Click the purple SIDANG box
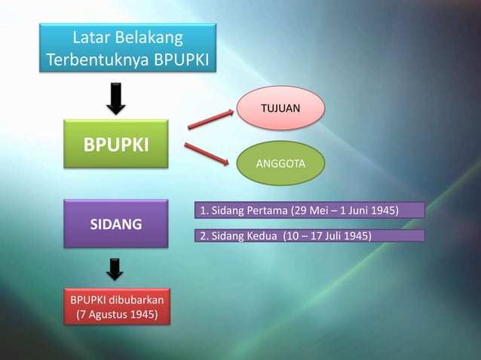pos(115,224)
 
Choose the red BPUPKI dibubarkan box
pos(115,307)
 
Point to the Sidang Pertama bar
pos(309,209)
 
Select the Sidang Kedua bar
pos(309,236)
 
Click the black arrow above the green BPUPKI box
pos(115,99)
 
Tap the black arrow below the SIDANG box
pos(115,267)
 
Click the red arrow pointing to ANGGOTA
pos(206,152)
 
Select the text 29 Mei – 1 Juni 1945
pos(351,209)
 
